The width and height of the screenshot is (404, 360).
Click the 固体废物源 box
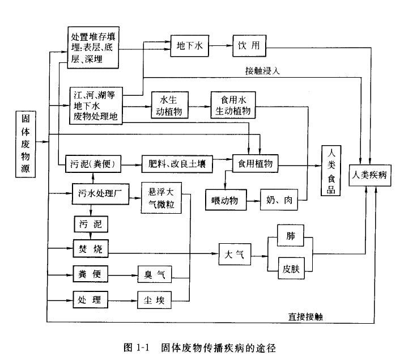point(25,144)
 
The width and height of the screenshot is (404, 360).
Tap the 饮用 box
point(248,46)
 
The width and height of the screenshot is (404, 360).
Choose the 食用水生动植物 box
point(232,105)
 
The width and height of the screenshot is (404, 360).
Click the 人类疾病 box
point(369,175)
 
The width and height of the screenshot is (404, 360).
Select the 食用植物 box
point(256,164)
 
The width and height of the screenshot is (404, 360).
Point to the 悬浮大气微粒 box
point(161,198)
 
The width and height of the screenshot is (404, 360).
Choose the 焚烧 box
point(90,248)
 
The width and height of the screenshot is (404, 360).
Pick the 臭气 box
point(154,274)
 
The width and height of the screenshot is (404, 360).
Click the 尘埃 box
point(154,299)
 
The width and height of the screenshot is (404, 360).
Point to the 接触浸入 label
point(262,71)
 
